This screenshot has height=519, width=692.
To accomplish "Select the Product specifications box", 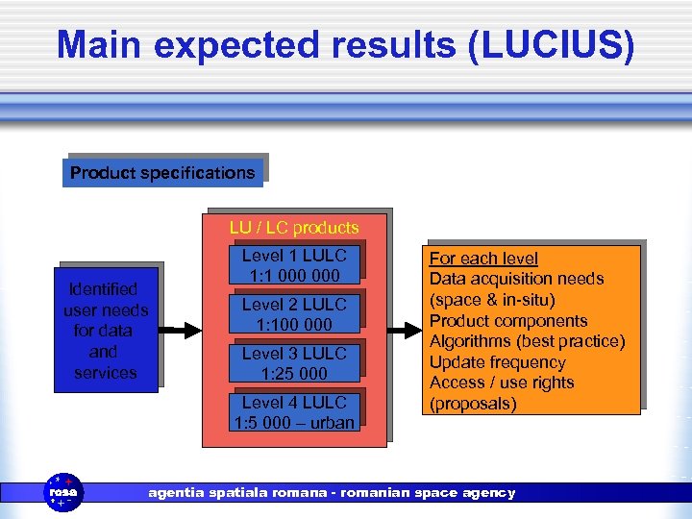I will pos(162,173).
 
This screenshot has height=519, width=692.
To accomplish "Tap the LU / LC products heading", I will pos(294,228).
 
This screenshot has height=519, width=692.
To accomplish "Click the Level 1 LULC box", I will pos(294,265).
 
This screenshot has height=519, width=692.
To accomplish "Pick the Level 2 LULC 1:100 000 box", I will pos(294,314).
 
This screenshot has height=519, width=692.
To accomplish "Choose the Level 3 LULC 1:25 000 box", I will pos(294,363).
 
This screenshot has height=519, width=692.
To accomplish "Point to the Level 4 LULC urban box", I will pos(294,412).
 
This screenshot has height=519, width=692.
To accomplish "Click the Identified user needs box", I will pos(106,330).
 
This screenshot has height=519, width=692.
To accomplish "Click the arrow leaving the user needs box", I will pos(179,331).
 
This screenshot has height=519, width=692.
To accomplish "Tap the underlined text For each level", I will pos(483,259).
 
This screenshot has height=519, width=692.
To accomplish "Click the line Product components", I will pos(508,321).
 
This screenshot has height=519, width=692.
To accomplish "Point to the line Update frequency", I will pos(497,362).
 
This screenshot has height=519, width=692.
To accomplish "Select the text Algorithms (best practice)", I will pos(527,341).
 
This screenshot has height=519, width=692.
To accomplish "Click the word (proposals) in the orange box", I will pos(473,404).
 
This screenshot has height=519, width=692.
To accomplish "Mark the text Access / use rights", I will pos(501,383).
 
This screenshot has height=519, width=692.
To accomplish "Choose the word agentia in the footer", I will pos(177,493).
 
